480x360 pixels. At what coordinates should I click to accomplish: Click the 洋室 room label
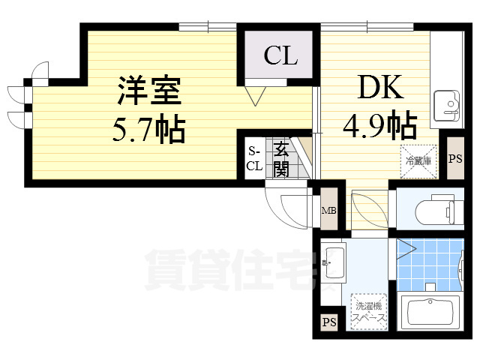tap(148, 92)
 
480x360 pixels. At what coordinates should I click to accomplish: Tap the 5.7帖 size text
tap(148, 130)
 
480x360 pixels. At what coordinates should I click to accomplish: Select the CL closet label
tap(280, 55)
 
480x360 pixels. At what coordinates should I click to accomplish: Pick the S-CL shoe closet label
tap(254, 158)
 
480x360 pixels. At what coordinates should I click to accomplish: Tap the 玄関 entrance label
tap(280, 158)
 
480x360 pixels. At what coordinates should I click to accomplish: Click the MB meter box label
tap(328, 211)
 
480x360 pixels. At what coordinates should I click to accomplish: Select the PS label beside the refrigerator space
tap(454, 159)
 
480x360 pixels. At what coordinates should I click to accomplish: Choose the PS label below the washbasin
tap(328, 322)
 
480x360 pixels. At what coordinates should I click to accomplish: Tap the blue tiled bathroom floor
tap(427, 262)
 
